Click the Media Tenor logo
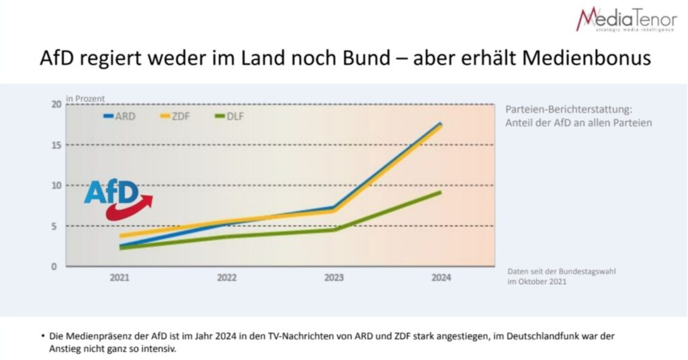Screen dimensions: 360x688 [626, 19]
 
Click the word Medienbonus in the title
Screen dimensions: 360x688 [591, 58]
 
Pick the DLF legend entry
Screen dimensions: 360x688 [231, 116]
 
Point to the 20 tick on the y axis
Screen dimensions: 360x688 [56, 104]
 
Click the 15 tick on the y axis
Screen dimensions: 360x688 [56, 145]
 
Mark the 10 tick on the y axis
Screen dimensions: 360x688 [56, 185]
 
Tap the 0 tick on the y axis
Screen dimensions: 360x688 [59, 267]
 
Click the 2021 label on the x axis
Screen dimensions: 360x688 [120, 278]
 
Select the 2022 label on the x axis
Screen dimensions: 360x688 [226, 278]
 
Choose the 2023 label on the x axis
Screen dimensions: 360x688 [334, 278]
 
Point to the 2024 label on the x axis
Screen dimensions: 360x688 [441, 278]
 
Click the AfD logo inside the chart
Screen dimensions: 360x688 [112, 193]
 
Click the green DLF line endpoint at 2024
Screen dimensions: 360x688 [441, 192]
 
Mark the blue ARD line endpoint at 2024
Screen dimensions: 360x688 [441, 123]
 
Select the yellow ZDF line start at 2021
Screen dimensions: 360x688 [121, 236]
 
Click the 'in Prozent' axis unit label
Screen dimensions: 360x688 [85, 99]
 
